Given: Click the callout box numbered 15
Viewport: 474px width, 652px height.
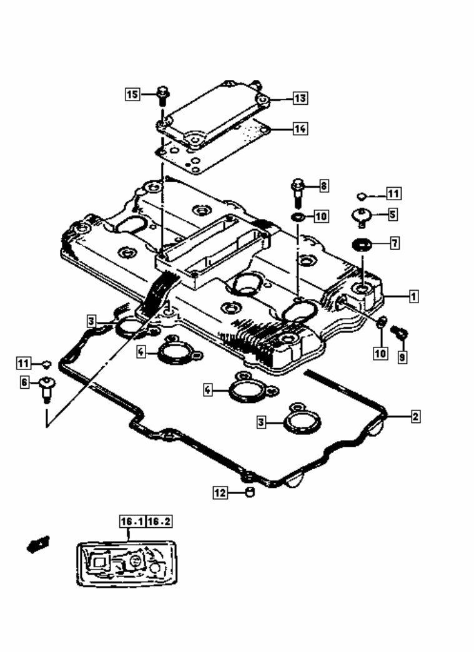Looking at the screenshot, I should (x=132, y=95).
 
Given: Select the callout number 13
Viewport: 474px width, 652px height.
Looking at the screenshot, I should (x=300, y=99).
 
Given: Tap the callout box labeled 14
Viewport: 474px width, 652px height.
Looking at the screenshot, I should (x=300, y=129).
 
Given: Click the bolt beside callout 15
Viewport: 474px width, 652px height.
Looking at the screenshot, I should (x=162, y=95).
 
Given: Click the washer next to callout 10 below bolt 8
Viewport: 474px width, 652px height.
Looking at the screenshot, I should (x=298, y=217).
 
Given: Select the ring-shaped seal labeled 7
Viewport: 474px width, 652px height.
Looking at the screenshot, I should (x=362, y=243).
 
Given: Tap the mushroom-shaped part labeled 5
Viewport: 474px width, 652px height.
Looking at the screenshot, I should (x=362, y=217).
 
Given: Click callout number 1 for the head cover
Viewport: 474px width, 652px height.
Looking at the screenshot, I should (x=413, y=297).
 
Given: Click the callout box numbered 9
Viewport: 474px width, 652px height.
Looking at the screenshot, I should (x=402, y=358).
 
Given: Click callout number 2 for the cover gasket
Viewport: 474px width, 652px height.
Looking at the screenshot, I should (x=415, y=416).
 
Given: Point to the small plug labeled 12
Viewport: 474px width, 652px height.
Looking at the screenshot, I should (x=249, y=493).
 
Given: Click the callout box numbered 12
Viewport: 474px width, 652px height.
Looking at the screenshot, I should (x=220, y=493).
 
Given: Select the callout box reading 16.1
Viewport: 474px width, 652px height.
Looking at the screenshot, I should (x=132, y=522).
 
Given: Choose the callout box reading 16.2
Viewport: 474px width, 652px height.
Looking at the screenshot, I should (x=159, y=522).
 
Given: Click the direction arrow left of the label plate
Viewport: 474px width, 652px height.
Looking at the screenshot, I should (x=37, y=544).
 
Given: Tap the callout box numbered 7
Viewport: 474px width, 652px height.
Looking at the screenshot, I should (x=395, y=243).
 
